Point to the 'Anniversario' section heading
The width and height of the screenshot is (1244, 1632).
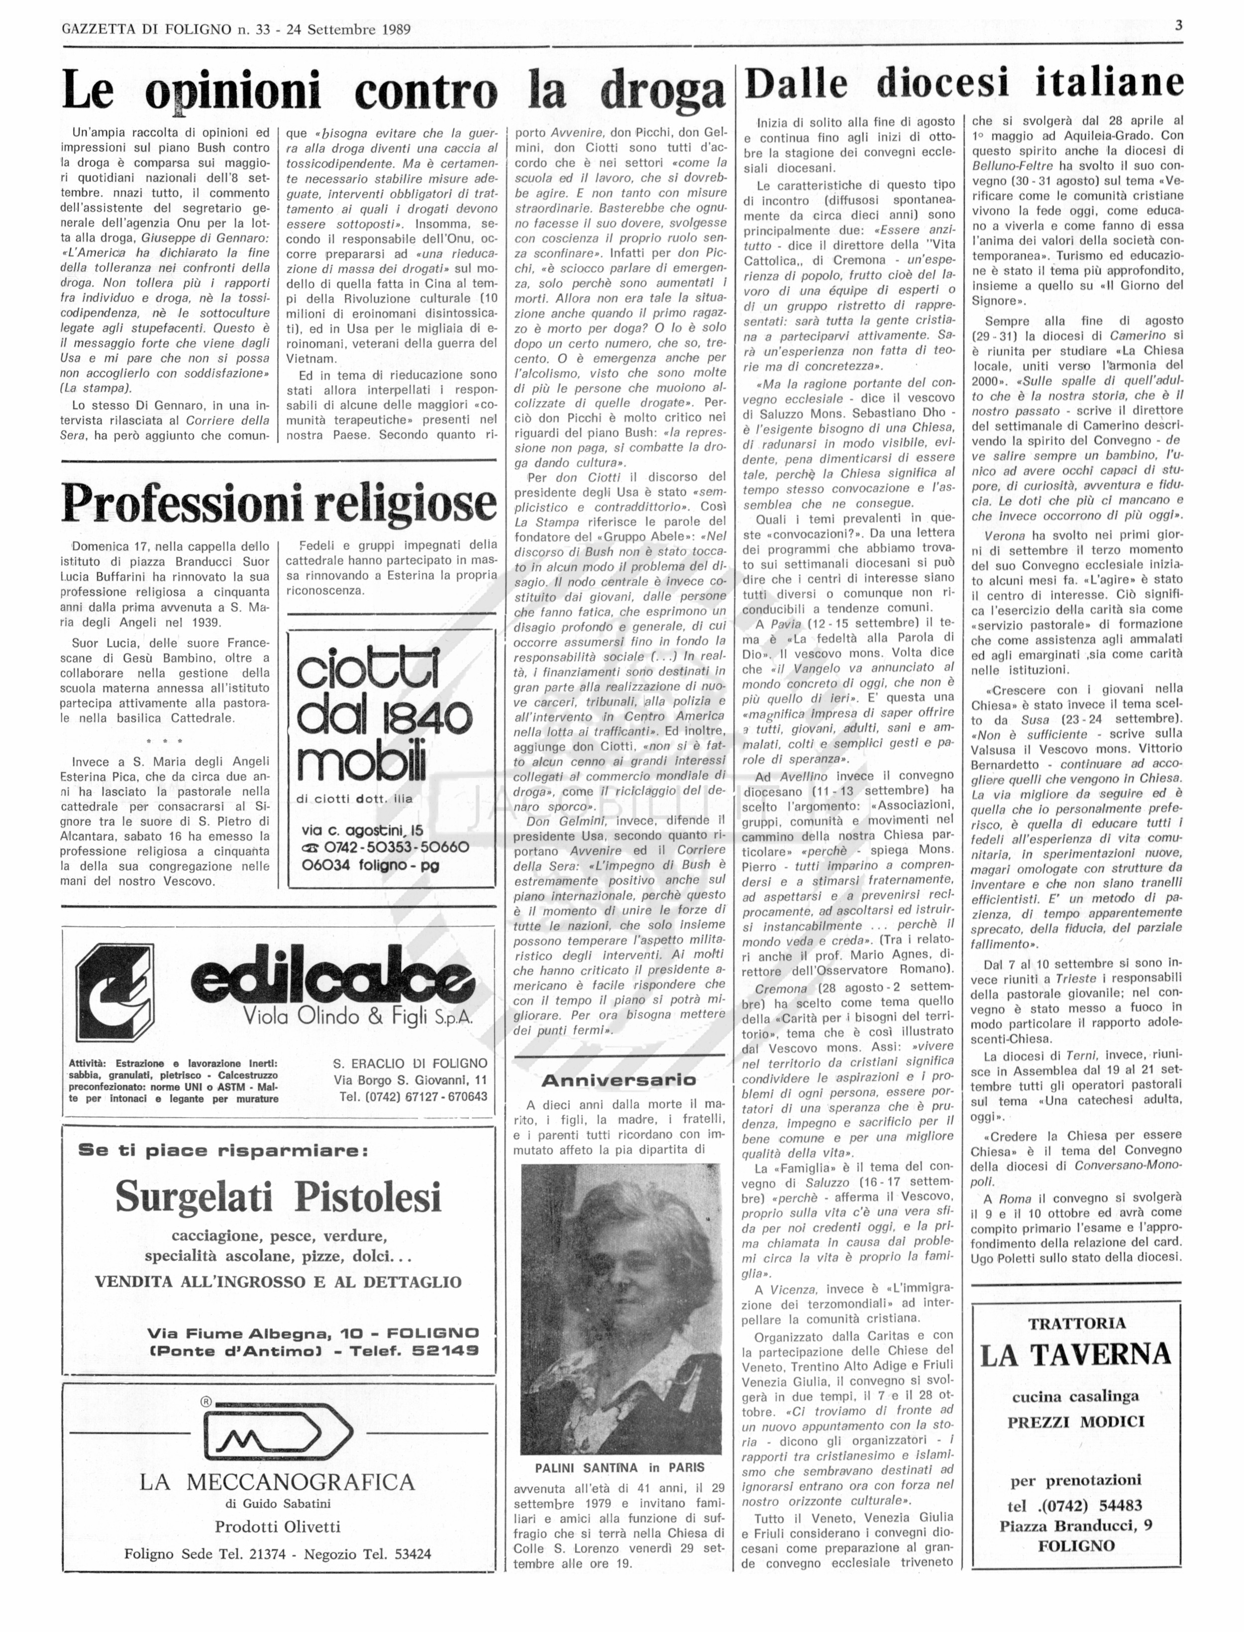pyautogui.click(x=619, y=1080)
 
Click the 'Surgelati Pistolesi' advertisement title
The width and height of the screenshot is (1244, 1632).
pyautogui.click(x=279, y=1197)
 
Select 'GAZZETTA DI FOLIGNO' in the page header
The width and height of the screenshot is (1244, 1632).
pyautogui.click(x=147, y=30)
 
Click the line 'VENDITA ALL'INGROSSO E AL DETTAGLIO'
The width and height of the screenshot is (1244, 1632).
pyautogui.click(x=279, y=1282)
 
